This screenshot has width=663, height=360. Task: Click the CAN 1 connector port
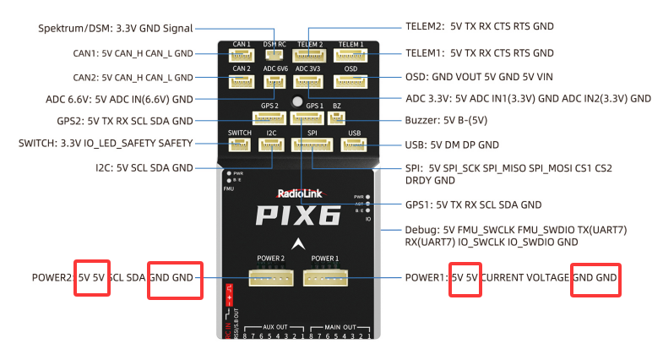(x=242, y=56)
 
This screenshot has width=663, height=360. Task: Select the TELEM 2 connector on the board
(x=309, y=56)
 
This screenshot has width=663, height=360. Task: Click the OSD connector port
(x=350, y=81)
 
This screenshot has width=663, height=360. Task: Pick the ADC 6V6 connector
(x=274, y=82)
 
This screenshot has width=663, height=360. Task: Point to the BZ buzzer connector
(x=335, y=117)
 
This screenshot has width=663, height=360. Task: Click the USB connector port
(x=353, y=145)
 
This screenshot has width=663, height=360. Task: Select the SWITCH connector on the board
(x=240, y=145)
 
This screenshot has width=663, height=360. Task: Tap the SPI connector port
(x=311, y=145)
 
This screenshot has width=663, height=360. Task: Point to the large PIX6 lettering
(x=299, y=215)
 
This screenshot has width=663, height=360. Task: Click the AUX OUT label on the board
(x=275, y=326)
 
